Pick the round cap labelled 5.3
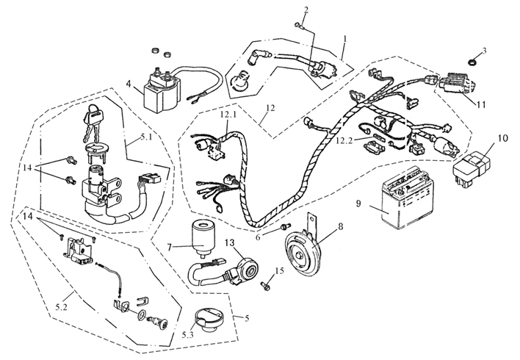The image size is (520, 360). (x=205, y=322)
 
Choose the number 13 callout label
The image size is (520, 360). (x=230, y=242)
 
